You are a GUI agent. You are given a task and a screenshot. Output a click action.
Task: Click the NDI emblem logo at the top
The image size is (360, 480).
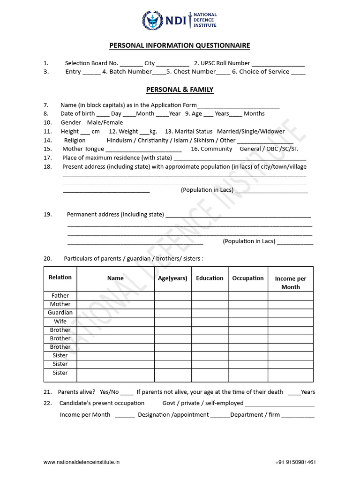[152, 20]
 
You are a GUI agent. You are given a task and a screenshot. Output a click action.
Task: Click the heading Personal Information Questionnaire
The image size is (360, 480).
[180, 45]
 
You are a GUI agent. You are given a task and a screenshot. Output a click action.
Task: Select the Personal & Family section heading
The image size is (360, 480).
[180, 90]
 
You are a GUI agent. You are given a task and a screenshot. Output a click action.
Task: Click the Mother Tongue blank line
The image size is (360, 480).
[143, 150]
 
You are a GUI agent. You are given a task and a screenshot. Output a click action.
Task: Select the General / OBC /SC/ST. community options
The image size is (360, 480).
[269, 149]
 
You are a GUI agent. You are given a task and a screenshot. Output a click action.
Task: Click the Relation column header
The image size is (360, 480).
[60, 277]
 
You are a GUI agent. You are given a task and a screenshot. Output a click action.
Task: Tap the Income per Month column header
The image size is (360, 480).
[290, 283]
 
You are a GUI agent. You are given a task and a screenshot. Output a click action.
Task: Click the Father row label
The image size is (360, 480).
[60, 296]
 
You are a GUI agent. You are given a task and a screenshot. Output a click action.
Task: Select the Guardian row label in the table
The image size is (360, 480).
[60, 313]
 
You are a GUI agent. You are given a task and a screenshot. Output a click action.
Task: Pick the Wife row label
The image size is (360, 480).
[60, 322]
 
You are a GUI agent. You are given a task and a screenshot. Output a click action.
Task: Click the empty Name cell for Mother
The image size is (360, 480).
[115, 304]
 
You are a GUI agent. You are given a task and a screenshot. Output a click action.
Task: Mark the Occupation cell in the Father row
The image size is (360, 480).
[248, 296]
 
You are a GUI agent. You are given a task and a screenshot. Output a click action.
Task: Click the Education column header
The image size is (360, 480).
[210, 278]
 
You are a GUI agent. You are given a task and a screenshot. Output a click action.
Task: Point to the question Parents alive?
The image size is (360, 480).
[77, 392]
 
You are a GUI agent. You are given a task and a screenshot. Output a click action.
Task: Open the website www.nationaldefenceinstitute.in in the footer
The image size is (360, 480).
[82, 462]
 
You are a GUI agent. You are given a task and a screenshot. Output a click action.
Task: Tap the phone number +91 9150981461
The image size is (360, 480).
[295, 462]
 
